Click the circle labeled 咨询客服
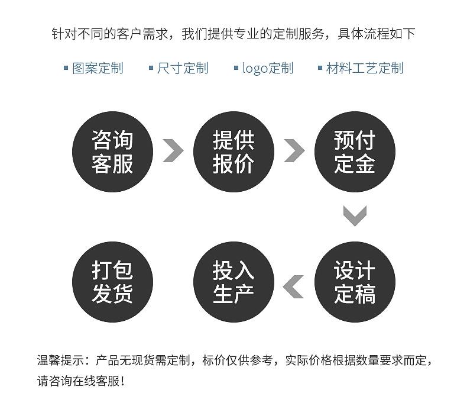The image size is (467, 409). [112, 152]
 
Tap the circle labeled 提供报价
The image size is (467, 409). [234, 152]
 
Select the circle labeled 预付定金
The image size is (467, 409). [354, 152]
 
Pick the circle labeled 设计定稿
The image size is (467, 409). [354, 282]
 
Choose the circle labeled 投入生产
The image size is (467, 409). [234, 282]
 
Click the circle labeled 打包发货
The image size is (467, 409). [112, 282]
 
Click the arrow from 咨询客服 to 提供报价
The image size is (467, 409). [172, 150]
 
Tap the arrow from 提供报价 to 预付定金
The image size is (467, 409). [294, 150]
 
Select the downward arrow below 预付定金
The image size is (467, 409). [355, 215]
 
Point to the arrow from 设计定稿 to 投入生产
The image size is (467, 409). [294, 286]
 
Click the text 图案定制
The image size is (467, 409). [98, 68]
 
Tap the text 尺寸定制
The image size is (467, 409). [183, 68]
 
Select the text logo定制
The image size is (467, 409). [268, 68]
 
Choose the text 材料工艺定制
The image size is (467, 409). [365, 68]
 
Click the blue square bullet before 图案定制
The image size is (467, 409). [66, 68]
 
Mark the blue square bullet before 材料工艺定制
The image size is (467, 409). [320, 68]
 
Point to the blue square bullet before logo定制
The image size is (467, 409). [236, 68]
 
